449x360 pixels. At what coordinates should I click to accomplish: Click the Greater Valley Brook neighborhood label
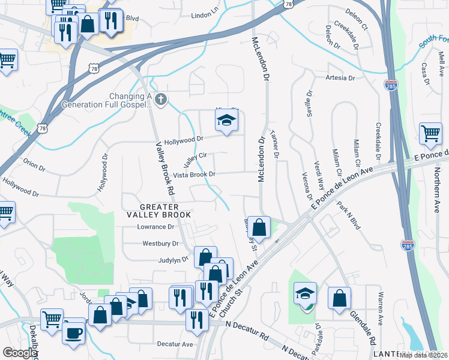coord(158,210)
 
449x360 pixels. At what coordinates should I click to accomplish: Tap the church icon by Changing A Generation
coord(160,100)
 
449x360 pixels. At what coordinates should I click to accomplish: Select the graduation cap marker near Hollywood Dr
coord(226,122)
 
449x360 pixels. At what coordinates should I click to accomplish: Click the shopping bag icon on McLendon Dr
coord(258,227)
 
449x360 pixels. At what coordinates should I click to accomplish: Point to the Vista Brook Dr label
coord(194,175)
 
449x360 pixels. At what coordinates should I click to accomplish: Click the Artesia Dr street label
coord(340,78)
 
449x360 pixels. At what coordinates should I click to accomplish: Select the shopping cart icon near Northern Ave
coord(430,134)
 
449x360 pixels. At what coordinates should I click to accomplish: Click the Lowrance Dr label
coord(155,227)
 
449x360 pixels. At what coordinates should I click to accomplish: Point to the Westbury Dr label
coord(160,244)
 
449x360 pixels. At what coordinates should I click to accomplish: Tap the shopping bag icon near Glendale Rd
coord(340,298)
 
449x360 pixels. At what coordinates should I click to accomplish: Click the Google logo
coord(20,353)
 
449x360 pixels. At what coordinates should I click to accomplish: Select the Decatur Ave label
coord(175,344)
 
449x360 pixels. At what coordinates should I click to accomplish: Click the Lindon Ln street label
coord(205,14)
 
